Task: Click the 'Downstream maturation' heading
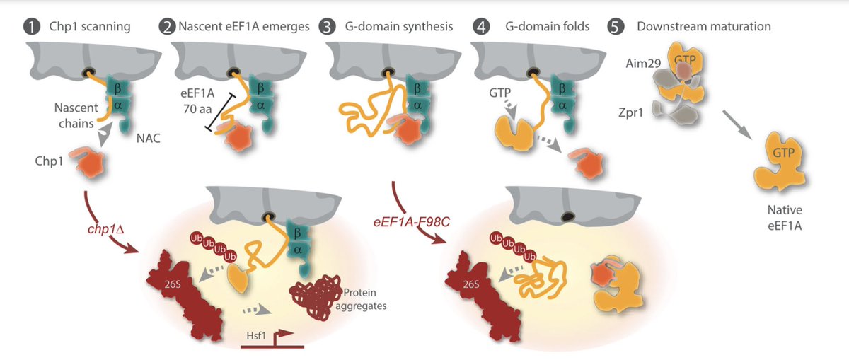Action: (x=703, y=27)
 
